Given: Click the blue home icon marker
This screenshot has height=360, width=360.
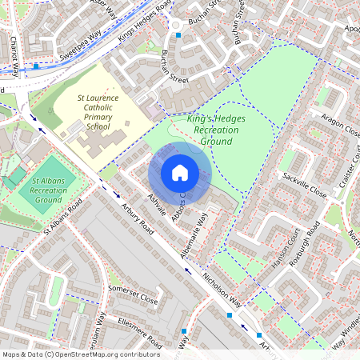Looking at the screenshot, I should pos(180,173).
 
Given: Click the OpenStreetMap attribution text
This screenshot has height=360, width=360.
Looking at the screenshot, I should pos(81,354).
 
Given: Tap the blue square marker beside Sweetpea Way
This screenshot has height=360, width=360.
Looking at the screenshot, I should pos(37,66).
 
